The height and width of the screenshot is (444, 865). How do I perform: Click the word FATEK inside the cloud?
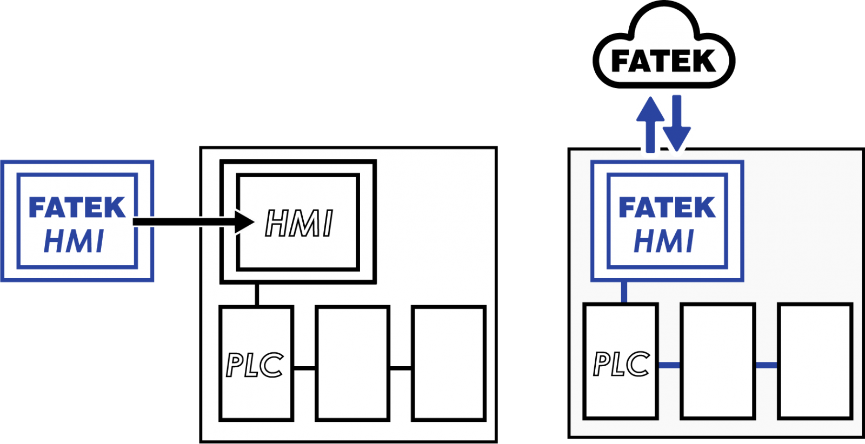(x=663, y=61)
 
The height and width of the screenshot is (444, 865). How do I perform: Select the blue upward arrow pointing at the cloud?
(x=650, y=124)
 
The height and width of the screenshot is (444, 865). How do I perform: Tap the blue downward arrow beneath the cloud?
(x=676, y=124)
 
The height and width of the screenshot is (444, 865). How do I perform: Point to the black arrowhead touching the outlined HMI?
(x=244, y=222)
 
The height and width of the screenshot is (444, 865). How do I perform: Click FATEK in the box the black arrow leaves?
(x=77, y=207)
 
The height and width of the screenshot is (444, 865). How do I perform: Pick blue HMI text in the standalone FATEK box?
(x=74, y=241)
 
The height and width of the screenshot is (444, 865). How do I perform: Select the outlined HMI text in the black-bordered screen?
(x=299, y=223)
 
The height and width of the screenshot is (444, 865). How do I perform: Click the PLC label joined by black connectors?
(x=255, y=365)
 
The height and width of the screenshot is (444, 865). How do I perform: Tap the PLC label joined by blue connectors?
(x=621, y=364)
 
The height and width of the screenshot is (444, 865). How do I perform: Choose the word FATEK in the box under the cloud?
(x=667, y=207)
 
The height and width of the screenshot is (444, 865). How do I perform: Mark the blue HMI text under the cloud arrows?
(x=664, y=241)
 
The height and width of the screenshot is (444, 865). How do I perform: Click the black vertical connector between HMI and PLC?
(x=257, y=295)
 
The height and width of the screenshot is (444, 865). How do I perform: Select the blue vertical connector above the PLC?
(x=624, y=292)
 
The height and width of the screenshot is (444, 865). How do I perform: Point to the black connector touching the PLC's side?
(x=305, y=368)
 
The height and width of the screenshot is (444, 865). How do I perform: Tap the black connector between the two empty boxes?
(x=401, y=368)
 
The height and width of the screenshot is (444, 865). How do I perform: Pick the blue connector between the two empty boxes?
(x=767, y=365)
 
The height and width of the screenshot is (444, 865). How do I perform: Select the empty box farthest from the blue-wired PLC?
(x=815, y=361)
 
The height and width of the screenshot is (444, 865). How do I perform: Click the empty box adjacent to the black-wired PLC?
(x=352, y=364)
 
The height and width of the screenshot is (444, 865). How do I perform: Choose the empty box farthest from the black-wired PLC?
(x=449, y=364)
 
